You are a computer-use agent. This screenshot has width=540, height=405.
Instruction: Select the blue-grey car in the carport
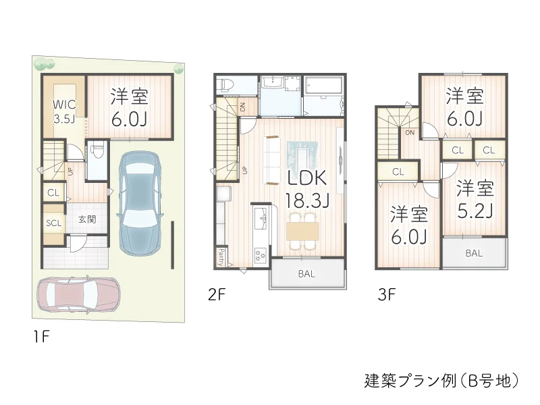pyautogui.click(x=140, y=202)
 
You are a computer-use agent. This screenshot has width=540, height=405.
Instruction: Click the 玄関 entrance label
pyautogui.click(x=86, y=219)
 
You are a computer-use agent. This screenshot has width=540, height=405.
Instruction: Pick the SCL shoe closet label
pyautogui.click(x=54, y=223)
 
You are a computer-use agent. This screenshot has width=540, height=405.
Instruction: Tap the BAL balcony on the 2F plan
pyautogui.click(x=307, y=274)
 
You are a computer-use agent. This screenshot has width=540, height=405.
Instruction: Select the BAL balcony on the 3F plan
pyautogui.click(x=474, y=254)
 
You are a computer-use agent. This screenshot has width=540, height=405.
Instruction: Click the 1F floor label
pyautogui.click(x=41, y=335)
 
